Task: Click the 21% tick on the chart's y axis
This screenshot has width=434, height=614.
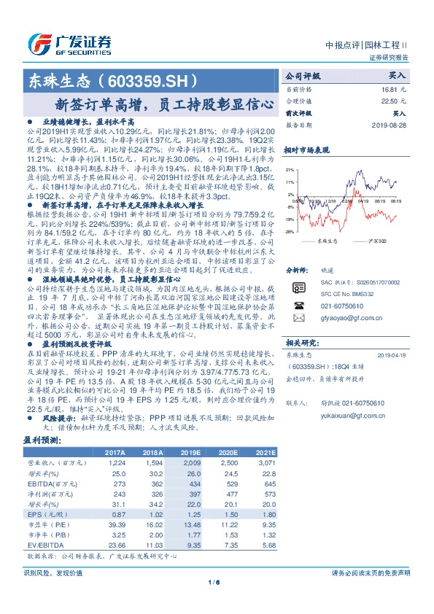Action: [x=290, y=182]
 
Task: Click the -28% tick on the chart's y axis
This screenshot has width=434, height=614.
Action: [x=289, y=231]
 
